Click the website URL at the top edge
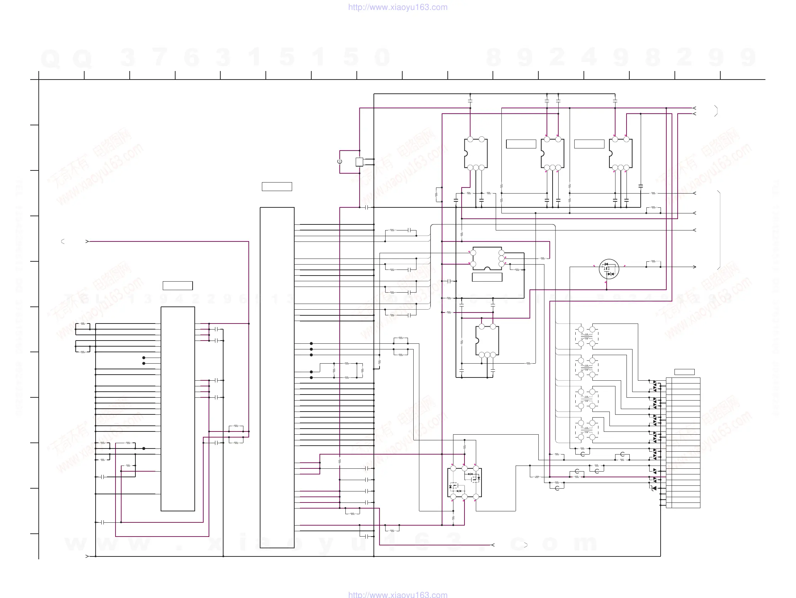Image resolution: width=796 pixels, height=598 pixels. click(x=398, y=7)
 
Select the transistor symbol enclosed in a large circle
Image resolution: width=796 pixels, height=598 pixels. click(x=609, y=269)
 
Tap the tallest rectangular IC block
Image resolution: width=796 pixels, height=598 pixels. click(x=277, y=377)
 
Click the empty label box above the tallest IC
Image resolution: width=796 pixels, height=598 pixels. click(x=277, y=187)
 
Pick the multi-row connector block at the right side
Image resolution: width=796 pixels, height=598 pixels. click(x=683, y=442)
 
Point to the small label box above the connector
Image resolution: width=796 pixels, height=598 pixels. click(x=684, y=372)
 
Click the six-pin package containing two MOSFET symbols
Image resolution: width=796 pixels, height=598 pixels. click(x=464, y=483)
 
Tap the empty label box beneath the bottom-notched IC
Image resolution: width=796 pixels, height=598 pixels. click(x=487, y=277)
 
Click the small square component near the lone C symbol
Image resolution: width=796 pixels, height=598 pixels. click(x=359, y=162)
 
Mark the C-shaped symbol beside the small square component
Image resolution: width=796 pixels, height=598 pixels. click(x=340, y=162)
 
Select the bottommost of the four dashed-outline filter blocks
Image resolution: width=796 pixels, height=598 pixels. click(x=587, y=430)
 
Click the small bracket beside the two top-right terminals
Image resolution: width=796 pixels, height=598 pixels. click(x=716, y=111)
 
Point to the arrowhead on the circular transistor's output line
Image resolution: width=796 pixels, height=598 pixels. click(x=694, y=267)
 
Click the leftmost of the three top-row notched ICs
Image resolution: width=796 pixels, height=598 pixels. click(x=476, y=153)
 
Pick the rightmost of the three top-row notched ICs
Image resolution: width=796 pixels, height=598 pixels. click(x=620, y=153)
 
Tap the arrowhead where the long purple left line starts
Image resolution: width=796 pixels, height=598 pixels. click(x=87, y=241)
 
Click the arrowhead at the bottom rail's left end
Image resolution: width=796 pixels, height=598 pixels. click(x=87, y=556)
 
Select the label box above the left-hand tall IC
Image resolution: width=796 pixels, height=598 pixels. click(x=178, y=286)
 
